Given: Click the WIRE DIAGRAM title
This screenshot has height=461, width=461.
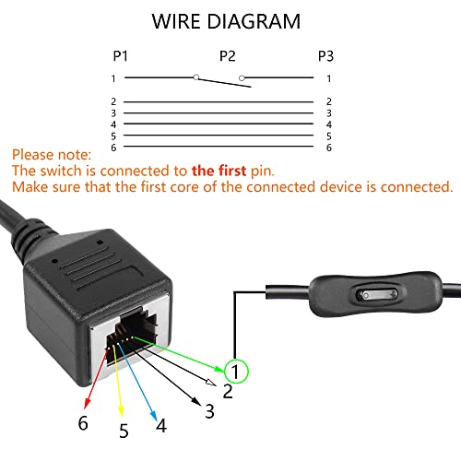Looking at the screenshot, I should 226,20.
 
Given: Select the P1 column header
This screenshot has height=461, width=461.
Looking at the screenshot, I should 120,55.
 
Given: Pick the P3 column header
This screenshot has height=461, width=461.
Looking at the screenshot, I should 325,55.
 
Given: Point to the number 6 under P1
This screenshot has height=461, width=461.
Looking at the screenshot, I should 113,148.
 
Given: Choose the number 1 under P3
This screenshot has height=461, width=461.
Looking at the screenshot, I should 328,78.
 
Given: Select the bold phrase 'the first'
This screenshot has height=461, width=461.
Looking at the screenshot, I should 220,171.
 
